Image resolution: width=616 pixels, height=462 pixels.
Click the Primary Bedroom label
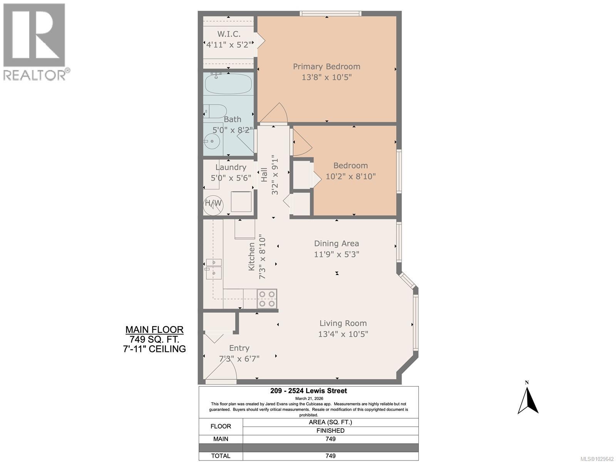click(x=326, y=66)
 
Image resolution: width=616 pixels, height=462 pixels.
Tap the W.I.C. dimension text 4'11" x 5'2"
click(x=229, y=45)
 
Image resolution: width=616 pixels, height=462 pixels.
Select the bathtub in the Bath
click(x=228, y=84)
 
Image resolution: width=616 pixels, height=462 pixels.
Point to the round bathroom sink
click(x=212, y=142)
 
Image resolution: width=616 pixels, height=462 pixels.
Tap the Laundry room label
click(x=231, y=167)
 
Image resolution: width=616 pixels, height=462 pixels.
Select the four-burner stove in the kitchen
click(x=267, y=299)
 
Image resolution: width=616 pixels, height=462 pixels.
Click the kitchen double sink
click(x=214, y=268)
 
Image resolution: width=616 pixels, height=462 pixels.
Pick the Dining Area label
click(x=336, y=243)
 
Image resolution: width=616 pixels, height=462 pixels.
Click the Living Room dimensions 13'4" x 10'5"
click(x=343, y=334)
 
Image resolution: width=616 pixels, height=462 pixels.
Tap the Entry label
click(x=239, y=348)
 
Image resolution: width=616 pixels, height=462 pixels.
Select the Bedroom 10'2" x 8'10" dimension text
click(x=350, y=176)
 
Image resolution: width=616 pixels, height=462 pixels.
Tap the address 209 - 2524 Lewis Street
click(x=308, y=391)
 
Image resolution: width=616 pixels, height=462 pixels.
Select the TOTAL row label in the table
click(x=221, y=456)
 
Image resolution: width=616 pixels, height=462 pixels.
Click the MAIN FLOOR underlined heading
click(x=154, y=330)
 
